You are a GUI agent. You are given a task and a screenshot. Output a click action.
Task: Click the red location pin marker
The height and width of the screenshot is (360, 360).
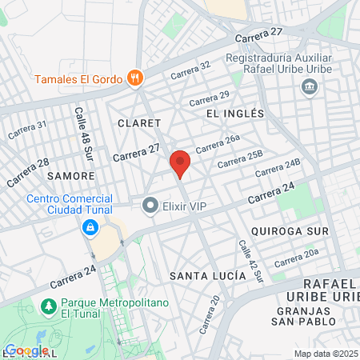pyautogui.click(x=180, y=163)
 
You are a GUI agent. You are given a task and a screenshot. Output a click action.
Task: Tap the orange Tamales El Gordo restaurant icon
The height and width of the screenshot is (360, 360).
pyautogui.click(x=135, y=78)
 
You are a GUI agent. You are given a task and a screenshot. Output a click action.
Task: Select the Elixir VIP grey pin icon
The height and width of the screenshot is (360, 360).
pyautogui.click(x=150, y=206)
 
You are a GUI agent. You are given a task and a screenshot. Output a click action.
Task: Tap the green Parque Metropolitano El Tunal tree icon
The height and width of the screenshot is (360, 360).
pyautogui.click(x=49, y=306)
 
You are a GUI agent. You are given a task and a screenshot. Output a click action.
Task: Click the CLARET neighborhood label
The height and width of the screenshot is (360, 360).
pyautogui.click(x=134, y=123)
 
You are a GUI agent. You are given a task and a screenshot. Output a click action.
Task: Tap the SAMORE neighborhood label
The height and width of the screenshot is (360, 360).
pyautogui.click(x=71, y=174)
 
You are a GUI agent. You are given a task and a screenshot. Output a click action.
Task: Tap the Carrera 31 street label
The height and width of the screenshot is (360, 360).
pyautogui.click(x=27, y=130)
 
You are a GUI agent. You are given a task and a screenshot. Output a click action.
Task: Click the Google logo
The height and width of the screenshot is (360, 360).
pyautogui.click(x=26, y=350)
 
